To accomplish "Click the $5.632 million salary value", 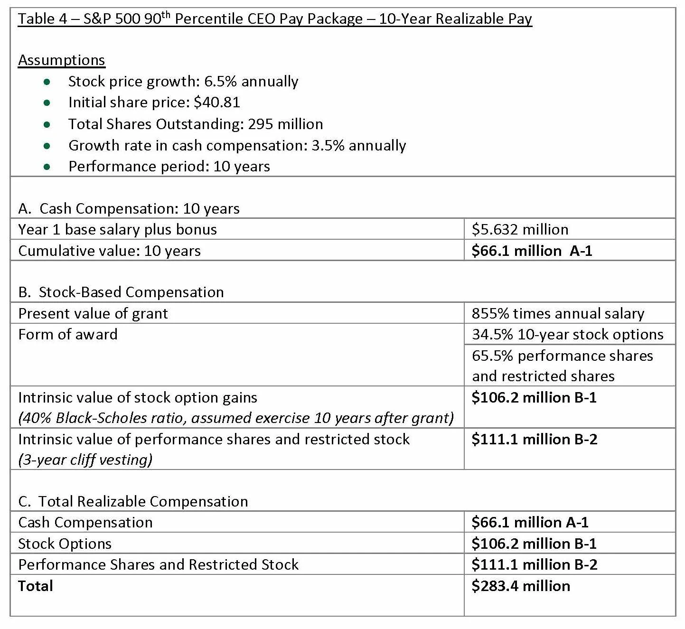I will [520, 230].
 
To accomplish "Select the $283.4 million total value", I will [521, 586].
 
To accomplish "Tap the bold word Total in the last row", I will [36, 586].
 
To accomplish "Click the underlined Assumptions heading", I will [61, 60].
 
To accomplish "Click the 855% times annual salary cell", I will [558, 313].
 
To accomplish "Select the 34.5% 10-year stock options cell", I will [567, 334].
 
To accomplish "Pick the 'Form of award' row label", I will [68, 334].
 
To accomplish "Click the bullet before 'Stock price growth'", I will [47, 82].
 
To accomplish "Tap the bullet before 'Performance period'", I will [47, 167].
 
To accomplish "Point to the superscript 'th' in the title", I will [165, 14].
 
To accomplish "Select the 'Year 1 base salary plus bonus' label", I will [117, 230].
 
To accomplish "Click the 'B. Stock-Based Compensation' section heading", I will [121, 292].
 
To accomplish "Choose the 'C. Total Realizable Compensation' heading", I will [133, 501].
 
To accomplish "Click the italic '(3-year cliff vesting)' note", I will [85, 460].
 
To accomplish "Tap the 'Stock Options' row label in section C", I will [65, 544].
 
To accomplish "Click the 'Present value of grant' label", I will [93, 313].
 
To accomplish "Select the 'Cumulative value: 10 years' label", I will [109, 251].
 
